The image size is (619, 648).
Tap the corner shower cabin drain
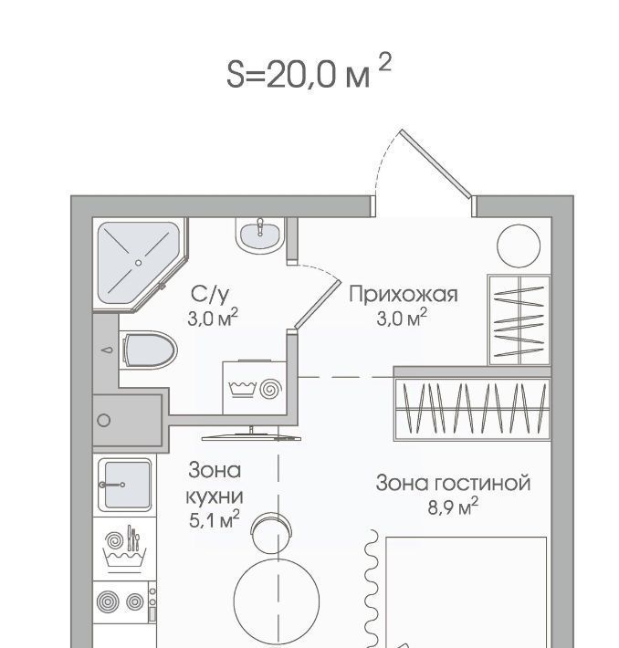[x=138, y=263]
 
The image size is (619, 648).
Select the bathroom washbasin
[x=260, y=235]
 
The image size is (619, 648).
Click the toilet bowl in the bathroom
[x=149, y=350]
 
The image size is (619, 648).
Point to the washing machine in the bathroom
[x=255, y=388]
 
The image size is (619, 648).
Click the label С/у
[x=210, y=295]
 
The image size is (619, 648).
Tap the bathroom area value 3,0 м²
[x=213, y=318]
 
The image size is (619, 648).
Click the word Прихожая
[x=404, y=295]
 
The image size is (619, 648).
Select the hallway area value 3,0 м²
[x=402, y=318]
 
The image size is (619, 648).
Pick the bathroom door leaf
[x=318, y=305]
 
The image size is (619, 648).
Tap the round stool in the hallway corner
[x=519, y=246]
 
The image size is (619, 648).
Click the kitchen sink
[x=125, y=485]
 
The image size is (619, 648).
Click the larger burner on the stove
[x=108, y=601]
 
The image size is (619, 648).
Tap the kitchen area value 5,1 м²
[x=215, y=520]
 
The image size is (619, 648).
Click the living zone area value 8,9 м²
[x=453, y=507]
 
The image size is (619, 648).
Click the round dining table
[x=277, y=601]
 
